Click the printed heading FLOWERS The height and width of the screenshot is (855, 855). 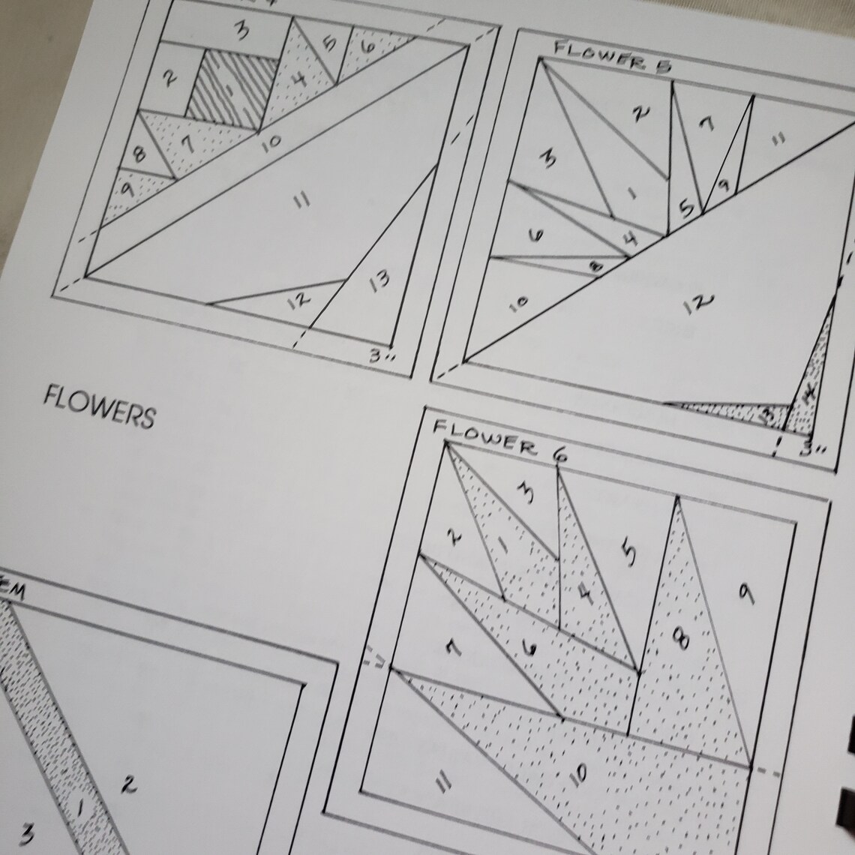tap(99, 406)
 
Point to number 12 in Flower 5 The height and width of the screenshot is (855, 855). tap(698, 304)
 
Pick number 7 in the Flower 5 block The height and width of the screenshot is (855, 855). tap(706, 125)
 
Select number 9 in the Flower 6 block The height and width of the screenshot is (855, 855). tap(745, 593)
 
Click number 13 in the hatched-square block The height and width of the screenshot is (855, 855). tap(379, 280)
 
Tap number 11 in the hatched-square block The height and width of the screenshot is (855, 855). tap(301, 199)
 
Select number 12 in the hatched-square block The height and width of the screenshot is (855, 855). tap(298, 300)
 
